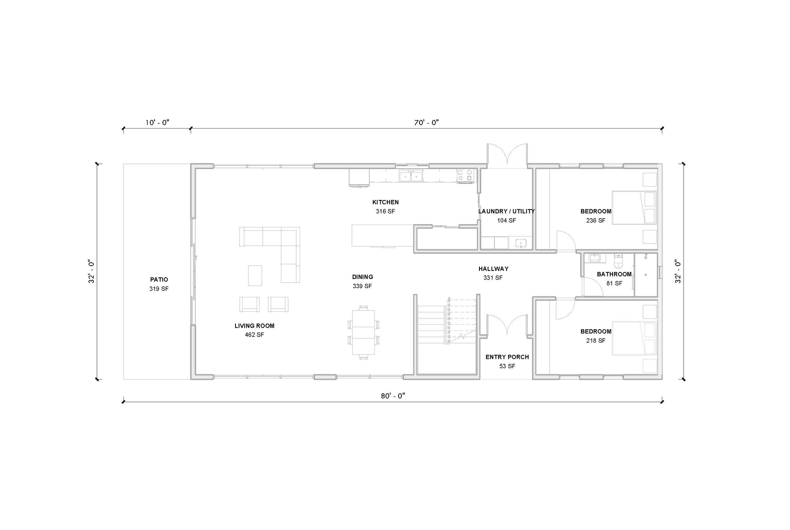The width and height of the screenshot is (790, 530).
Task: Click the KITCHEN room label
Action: point(385,202)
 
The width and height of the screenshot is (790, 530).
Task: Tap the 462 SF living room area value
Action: point(255,335)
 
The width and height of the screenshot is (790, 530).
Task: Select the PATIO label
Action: point(159,279)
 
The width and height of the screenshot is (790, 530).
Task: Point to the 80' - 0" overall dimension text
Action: point(393,396)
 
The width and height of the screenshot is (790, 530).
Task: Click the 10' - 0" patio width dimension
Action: point(157,122)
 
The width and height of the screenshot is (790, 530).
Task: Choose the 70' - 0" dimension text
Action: point(427,122)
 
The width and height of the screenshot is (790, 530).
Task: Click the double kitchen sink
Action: point(411,176)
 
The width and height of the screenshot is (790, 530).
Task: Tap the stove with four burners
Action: point(465,176)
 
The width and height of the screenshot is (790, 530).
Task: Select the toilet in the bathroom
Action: point(618,262)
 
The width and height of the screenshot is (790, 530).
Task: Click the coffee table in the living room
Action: point(255,276)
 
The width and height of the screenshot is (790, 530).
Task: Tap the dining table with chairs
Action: point(364,333)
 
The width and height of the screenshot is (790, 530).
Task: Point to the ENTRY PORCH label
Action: point(507,357)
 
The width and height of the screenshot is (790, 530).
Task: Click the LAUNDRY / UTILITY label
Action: point(506,211)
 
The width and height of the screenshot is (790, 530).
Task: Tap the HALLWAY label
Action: point(493,268)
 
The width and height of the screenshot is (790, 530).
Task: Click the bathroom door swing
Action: point(593,286)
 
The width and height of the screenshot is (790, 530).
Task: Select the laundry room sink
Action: point(521,243)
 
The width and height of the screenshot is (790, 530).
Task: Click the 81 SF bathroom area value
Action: point(614,283)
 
